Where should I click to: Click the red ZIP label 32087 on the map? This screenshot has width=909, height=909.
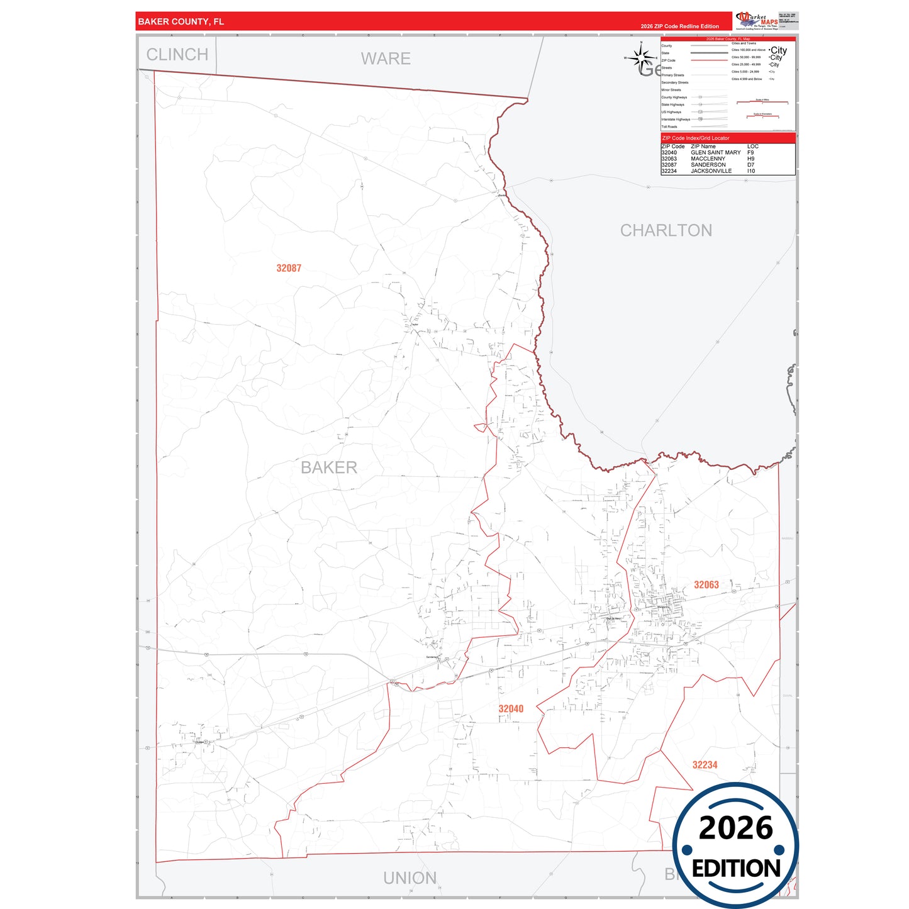click(x=289, y=268)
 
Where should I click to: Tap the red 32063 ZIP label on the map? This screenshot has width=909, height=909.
click(x=706, y=584)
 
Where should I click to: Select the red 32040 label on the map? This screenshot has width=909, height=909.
click(x=511, y=708)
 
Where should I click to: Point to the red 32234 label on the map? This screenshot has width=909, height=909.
click(x=705, y=764)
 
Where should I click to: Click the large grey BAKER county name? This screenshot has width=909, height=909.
click(x=328, y=467)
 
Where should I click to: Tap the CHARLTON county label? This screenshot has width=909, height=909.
click(x=666, y=230)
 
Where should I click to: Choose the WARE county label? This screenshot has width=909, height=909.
click(x=386, y=59)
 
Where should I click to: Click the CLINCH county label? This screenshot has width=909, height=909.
click(x=177, y=55)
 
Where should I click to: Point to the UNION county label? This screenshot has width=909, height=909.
click(x=410, y=878)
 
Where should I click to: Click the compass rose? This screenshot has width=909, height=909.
click(x=641, y=57)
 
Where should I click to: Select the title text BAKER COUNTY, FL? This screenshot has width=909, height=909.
click(x=181, y=21)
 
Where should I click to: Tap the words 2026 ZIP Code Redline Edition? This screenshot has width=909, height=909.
click(x=679, y=26)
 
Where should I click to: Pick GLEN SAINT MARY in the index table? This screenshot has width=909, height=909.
click(x=715, y=152)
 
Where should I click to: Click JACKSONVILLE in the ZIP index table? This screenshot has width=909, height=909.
click(x=711, y=171)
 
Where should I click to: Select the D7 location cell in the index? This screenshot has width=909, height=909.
click(x=750, y=165)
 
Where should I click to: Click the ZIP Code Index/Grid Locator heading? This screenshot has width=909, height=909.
click(x=696, y=138)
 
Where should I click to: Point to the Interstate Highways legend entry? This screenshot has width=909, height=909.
click(x=676, y=120)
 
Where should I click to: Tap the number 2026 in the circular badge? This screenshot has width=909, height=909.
click(x=735, y=828)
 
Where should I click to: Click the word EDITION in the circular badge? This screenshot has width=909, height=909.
click(x=736, y=869)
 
